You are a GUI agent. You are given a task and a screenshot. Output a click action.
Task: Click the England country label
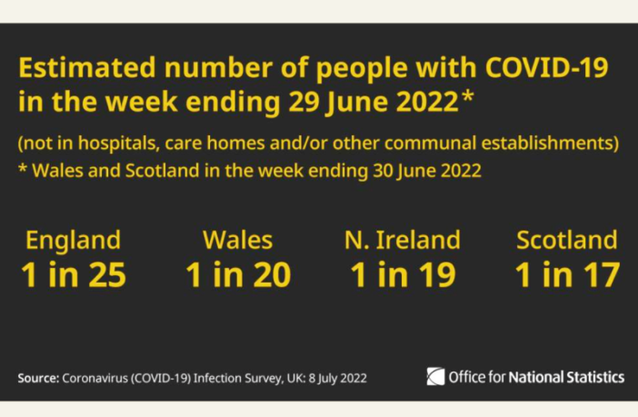coord(73,240)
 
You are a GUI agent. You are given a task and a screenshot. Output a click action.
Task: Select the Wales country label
coord(237,240)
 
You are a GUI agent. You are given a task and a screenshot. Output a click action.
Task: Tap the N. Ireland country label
coord(402,240)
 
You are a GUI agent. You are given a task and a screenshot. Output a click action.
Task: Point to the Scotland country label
coord(566,240)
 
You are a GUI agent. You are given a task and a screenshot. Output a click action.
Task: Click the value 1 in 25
coord(73,274)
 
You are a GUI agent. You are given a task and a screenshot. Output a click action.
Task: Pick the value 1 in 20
coord(237,274)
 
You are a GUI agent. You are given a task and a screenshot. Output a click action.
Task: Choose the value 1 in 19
coord(402,274)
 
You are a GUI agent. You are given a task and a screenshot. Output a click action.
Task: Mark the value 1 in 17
coord(566,274)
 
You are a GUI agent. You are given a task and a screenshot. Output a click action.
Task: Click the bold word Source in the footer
coord(36,377)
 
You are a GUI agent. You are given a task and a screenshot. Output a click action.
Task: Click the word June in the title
coord(354,102)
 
